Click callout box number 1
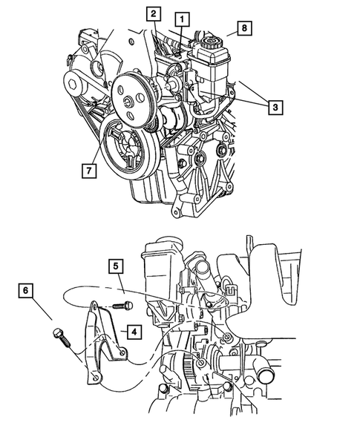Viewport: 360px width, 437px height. point(182,19)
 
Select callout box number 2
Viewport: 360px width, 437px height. point(154,14)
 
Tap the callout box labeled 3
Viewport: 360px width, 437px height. point(275,107)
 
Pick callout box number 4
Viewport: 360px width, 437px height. point(134,332)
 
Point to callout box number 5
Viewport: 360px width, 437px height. point(116,266)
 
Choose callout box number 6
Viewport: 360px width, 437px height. point(26,291)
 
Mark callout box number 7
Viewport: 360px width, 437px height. point(89,171)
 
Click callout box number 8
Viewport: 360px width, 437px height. point(244,28)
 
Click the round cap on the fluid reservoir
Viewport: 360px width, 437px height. point(212,42)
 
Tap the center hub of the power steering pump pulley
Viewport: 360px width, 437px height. point(129,102)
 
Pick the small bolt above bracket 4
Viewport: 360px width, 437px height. point(122,306)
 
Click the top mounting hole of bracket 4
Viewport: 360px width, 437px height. point(95,307)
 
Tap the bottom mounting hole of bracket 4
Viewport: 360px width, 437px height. point(96,378)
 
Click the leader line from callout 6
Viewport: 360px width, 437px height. point(42,309)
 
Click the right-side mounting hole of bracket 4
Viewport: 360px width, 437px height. point(122,353)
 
